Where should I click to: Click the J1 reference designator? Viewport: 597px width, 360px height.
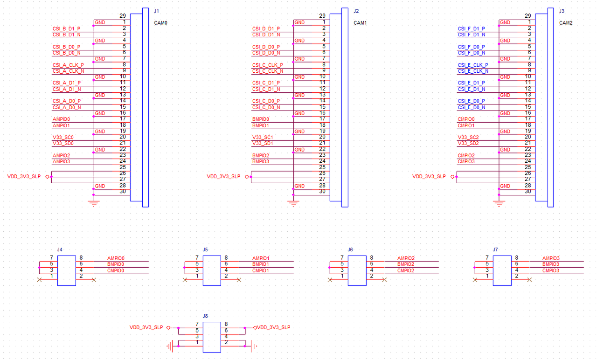click(156, 11)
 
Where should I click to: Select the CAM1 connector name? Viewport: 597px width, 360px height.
click(360, 22)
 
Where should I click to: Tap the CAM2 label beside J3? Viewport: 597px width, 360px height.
click(565, 22)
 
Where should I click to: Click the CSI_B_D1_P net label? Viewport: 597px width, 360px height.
click(66, 28)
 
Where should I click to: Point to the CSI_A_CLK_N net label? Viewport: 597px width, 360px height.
click(68, 71)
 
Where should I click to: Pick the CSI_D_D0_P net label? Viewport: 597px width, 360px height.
click(266, 47)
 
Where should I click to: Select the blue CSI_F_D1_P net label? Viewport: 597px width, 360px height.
click(471, 28)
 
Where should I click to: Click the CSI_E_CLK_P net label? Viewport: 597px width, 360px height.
click(472, 65)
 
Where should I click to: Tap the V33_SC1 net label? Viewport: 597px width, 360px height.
click(263, 138)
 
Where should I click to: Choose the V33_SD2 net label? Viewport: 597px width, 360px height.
click(468, 144)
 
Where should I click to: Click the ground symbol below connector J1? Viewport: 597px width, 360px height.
click(94, 203)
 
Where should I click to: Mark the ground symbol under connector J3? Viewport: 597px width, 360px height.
click(499, 203)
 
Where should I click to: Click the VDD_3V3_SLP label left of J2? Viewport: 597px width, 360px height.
click(223, 176)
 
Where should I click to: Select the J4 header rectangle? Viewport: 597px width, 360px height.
click(66, 270)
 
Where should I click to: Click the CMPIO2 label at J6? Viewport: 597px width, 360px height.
click(406, 270)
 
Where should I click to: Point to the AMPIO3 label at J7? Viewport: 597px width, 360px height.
click(551, 258)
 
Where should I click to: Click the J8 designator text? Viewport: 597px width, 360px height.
click(205, 316)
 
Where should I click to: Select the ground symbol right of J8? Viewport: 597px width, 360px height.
click(253, 346)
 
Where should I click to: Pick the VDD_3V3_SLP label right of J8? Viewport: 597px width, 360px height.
click(274, 327)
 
